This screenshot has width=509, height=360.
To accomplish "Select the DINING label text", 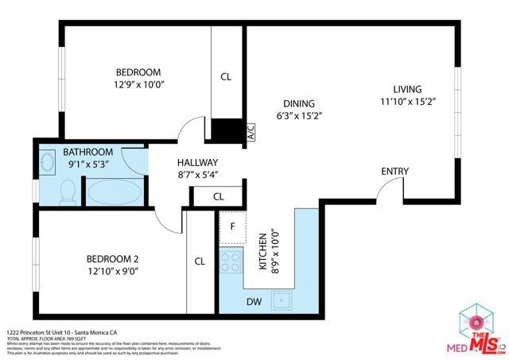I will click(298, 103).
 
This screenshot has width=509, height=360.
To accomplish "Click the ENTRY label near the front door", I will click(395, 172).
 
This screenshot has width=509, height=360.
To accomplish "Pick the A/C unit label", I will click(250, 131).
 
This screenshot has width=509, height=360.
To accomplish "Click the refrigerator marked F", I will click(231, 226).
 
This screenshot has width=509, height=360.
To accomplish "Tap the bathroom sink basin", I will click(47, 164).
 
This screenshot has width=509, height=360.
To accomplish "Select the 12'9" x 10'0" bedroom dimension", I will click(138, 83).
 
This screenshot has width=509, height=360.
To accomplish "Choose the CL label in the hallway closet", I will click(218, 196).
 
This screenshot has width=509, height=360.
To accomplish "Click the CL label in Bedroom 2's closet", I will click(200, 261).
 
